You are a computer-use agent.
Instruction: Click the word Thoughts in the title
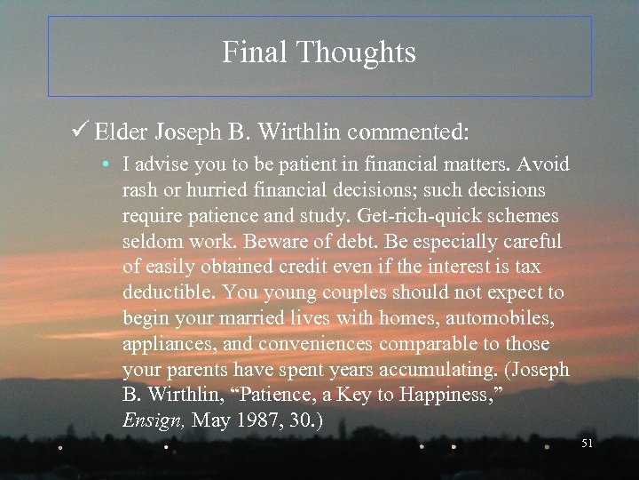356,52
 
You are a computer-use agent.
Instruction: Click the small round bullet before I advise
105,165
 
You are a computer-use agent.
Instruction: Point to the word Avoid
543,164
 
